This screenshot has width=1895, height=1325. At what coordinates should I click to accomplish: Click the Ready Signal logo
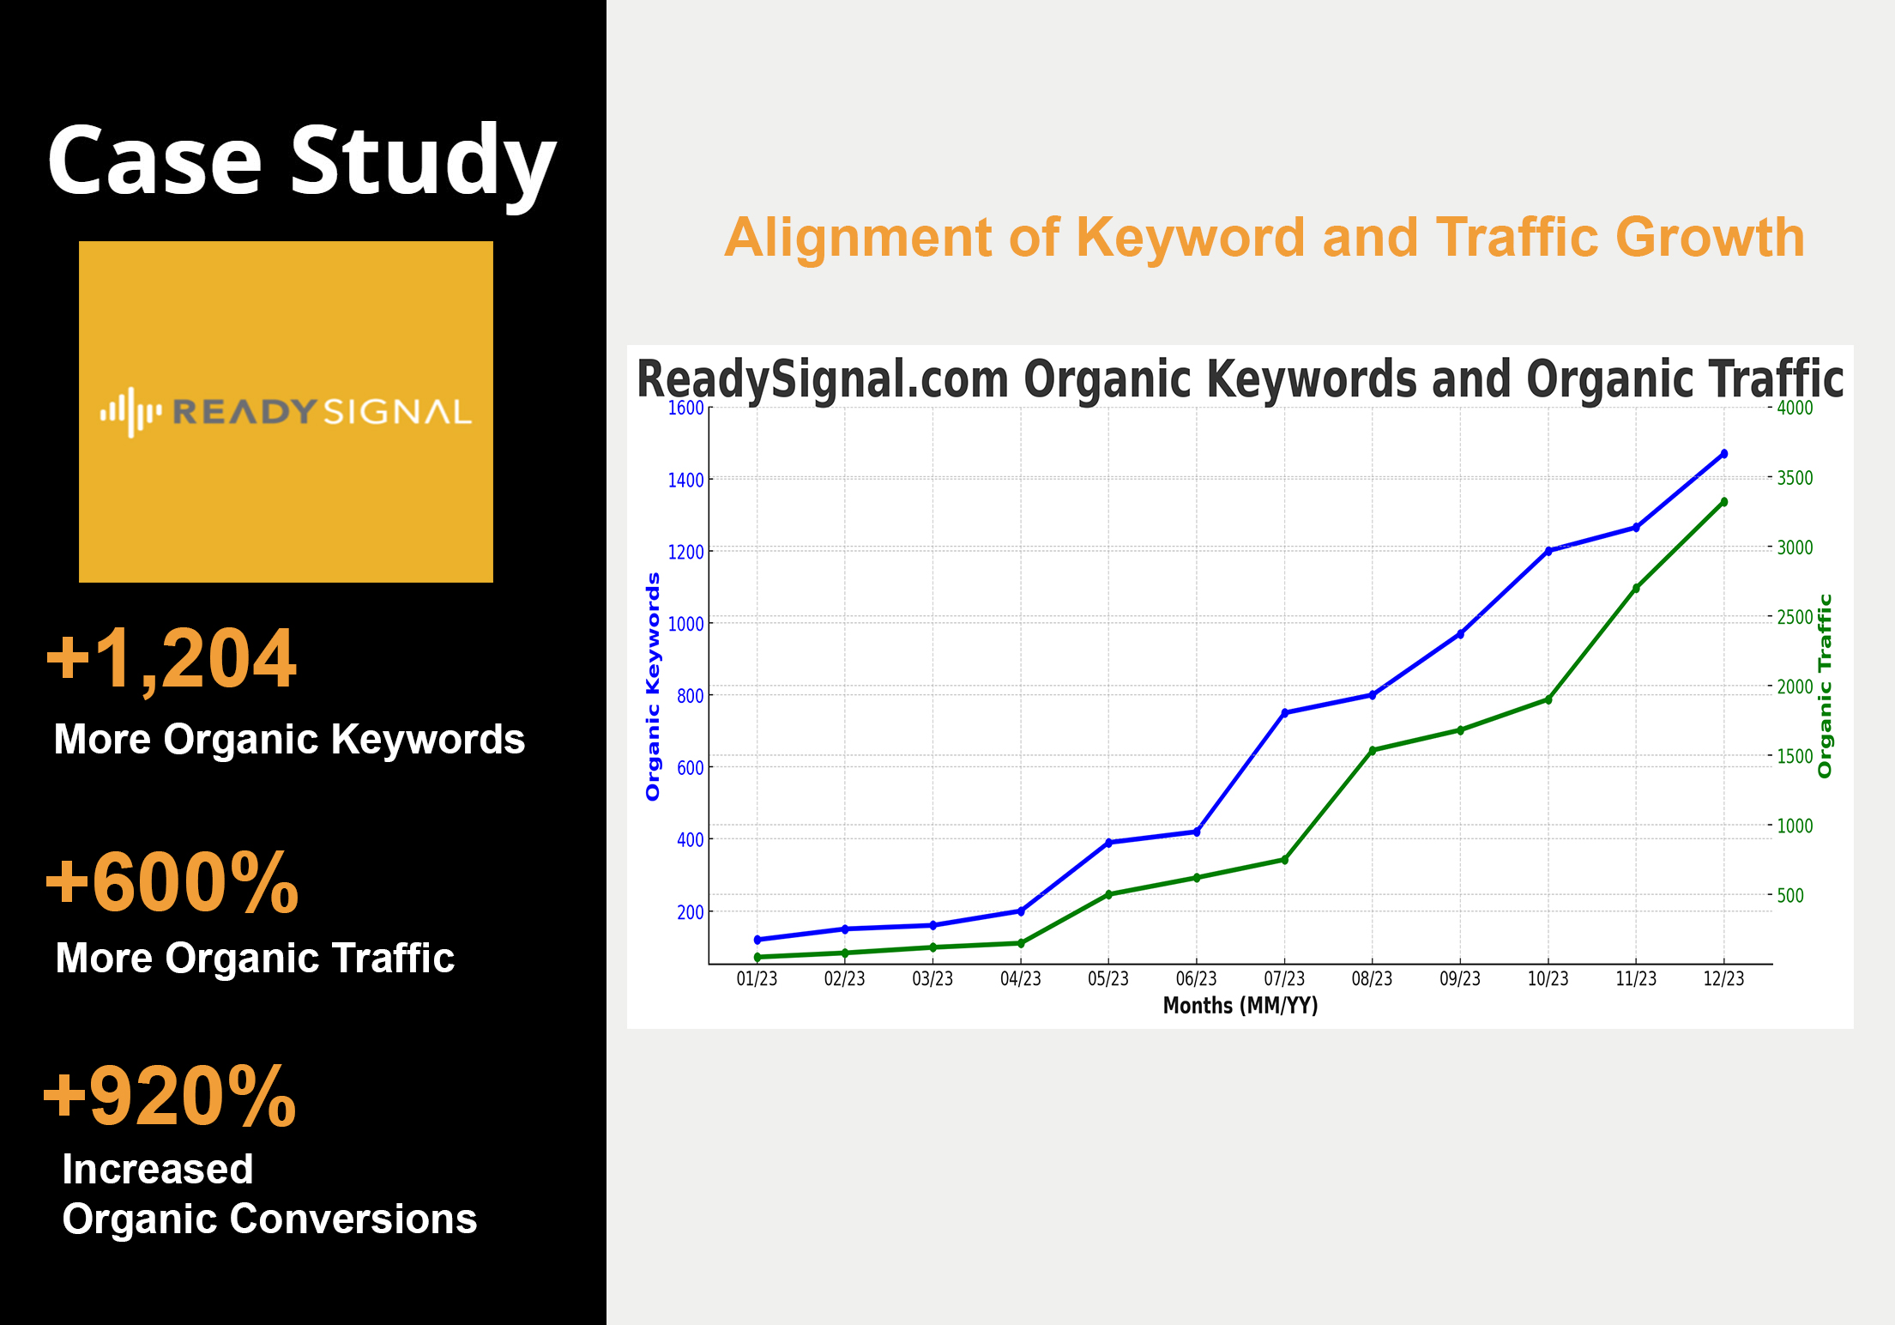(286, 412)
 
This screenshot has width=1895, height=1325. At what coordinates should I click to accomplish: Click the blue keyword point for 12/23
(1723, 454)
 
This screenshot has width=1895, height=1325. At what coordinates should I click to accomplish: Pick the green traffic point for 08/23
(1372, 750)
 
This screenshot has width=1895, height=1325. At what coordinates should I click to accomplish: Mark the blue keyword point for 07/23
(1284, 712)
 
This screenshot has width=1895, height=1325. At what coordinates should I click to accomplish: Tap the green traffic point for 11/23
(1636, 589)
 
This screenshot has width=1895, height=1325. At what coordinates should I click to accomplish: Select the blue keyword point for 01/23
(757, 940)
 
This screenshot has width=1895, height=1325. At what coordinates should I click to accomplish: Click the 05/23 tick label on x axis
(1108, 979)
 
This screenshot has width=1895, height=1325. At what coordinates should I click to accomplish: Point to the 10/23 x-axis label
(1548, 979)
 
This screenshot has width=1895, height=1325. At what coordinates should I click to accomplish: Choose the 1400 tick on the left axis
(685, 480)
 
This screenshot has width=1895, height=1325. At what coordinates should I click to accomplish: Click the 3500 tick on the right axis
(1795, 478)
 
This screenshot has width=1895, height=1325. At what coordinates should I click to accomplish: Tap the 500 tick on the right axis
(1790, 896)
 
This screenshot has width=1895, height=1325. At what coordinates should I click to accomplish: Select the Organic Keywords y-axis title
(653, 687)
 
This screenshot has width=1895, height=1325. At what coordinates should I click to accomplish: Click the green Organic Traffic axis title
(1825, 687)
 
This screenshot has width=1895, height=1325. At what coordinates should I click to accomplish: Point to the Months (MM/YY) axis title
(1240, 1006)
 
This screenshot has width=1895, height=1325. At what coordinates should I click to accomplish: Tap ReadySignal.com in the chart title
(823, 379)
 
